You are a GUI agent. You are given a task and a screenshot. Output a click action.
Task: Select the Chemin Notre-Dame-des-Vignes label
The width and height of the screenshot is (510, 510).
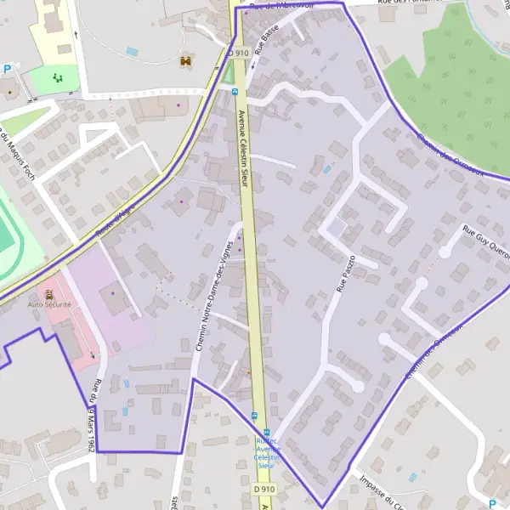213,284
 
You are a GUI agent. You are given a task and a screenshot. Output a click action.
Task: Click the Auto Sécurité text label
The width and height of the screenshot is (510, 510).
48,303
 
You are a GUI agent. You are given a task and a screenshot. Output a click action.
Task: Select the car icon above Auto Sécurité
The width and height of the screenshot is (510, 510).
48,293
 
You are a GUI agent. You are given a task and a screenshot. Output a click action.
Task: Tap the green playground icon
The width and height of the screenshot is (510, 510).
59,78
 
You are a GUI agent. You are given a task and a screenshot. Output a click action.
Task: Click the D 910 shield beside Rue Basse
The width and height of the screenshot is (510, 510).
239,53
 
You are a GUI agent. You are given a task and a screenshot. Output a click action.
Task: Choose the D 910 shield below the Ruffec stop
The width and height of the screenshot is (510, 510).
264,489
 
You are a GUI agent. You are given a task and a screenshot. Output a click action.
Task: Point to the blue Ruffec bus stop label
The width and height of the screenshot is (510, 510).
266,453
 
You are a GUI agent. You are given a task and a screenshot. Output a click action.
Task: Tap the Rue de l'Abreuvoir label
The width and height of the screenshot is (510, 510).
280,4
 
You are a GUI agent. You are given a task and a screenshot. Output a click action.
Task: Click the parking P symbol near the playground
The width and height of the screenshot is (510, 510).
8,70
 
